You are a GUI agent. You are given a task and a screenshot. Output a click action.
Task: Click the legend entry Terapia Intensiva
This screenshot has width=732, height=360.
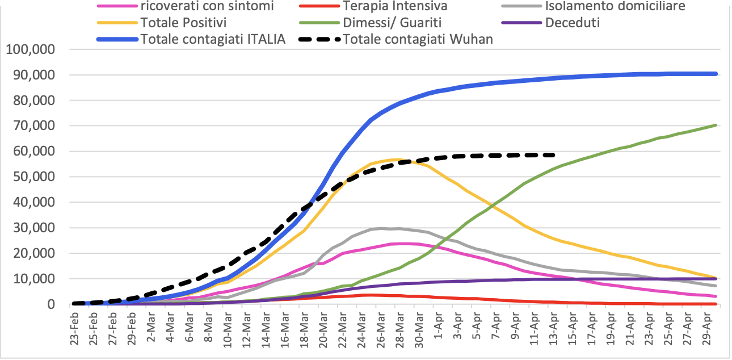(395, 7)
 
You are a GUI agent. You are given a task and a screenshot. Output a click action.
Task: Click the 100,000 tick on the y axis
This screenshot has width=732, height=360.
(30, 49)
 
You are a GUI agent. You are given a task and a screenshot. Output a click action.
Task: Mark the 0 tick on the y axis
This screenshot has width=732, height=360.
(50, 304)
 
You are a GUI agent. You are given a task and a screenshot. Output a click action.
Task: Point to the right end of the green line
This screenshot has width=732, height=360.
(716, 125)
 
